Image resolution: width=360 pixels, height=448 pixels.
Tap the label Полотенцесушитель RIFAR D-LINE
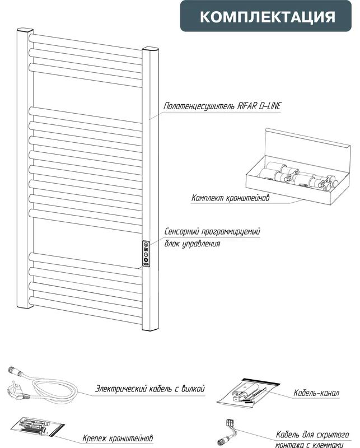point(222,106)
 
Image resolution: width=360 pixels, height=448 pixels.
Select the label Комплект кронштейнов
point(230,198)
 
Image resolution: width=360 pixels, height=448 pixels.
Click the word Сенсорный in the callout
point(181,231)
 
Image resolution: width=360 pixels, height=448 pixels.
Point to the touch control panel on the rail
point(146,254)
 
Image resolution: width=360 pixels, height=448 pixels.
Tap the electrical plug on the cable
point(18,391)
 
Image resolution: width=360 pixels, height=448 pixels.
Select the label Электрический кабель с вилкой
point(150,389)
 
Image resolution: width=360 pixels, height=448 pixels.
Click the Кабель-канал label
point(316,393)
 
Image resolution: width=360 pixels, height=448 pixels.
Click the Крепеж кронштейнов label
point(118,438)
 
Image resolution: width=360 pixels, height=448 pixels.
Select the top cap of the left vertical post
point(25,30)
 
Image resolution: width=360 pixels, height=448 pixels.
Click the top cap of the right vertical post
point(151,48)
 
